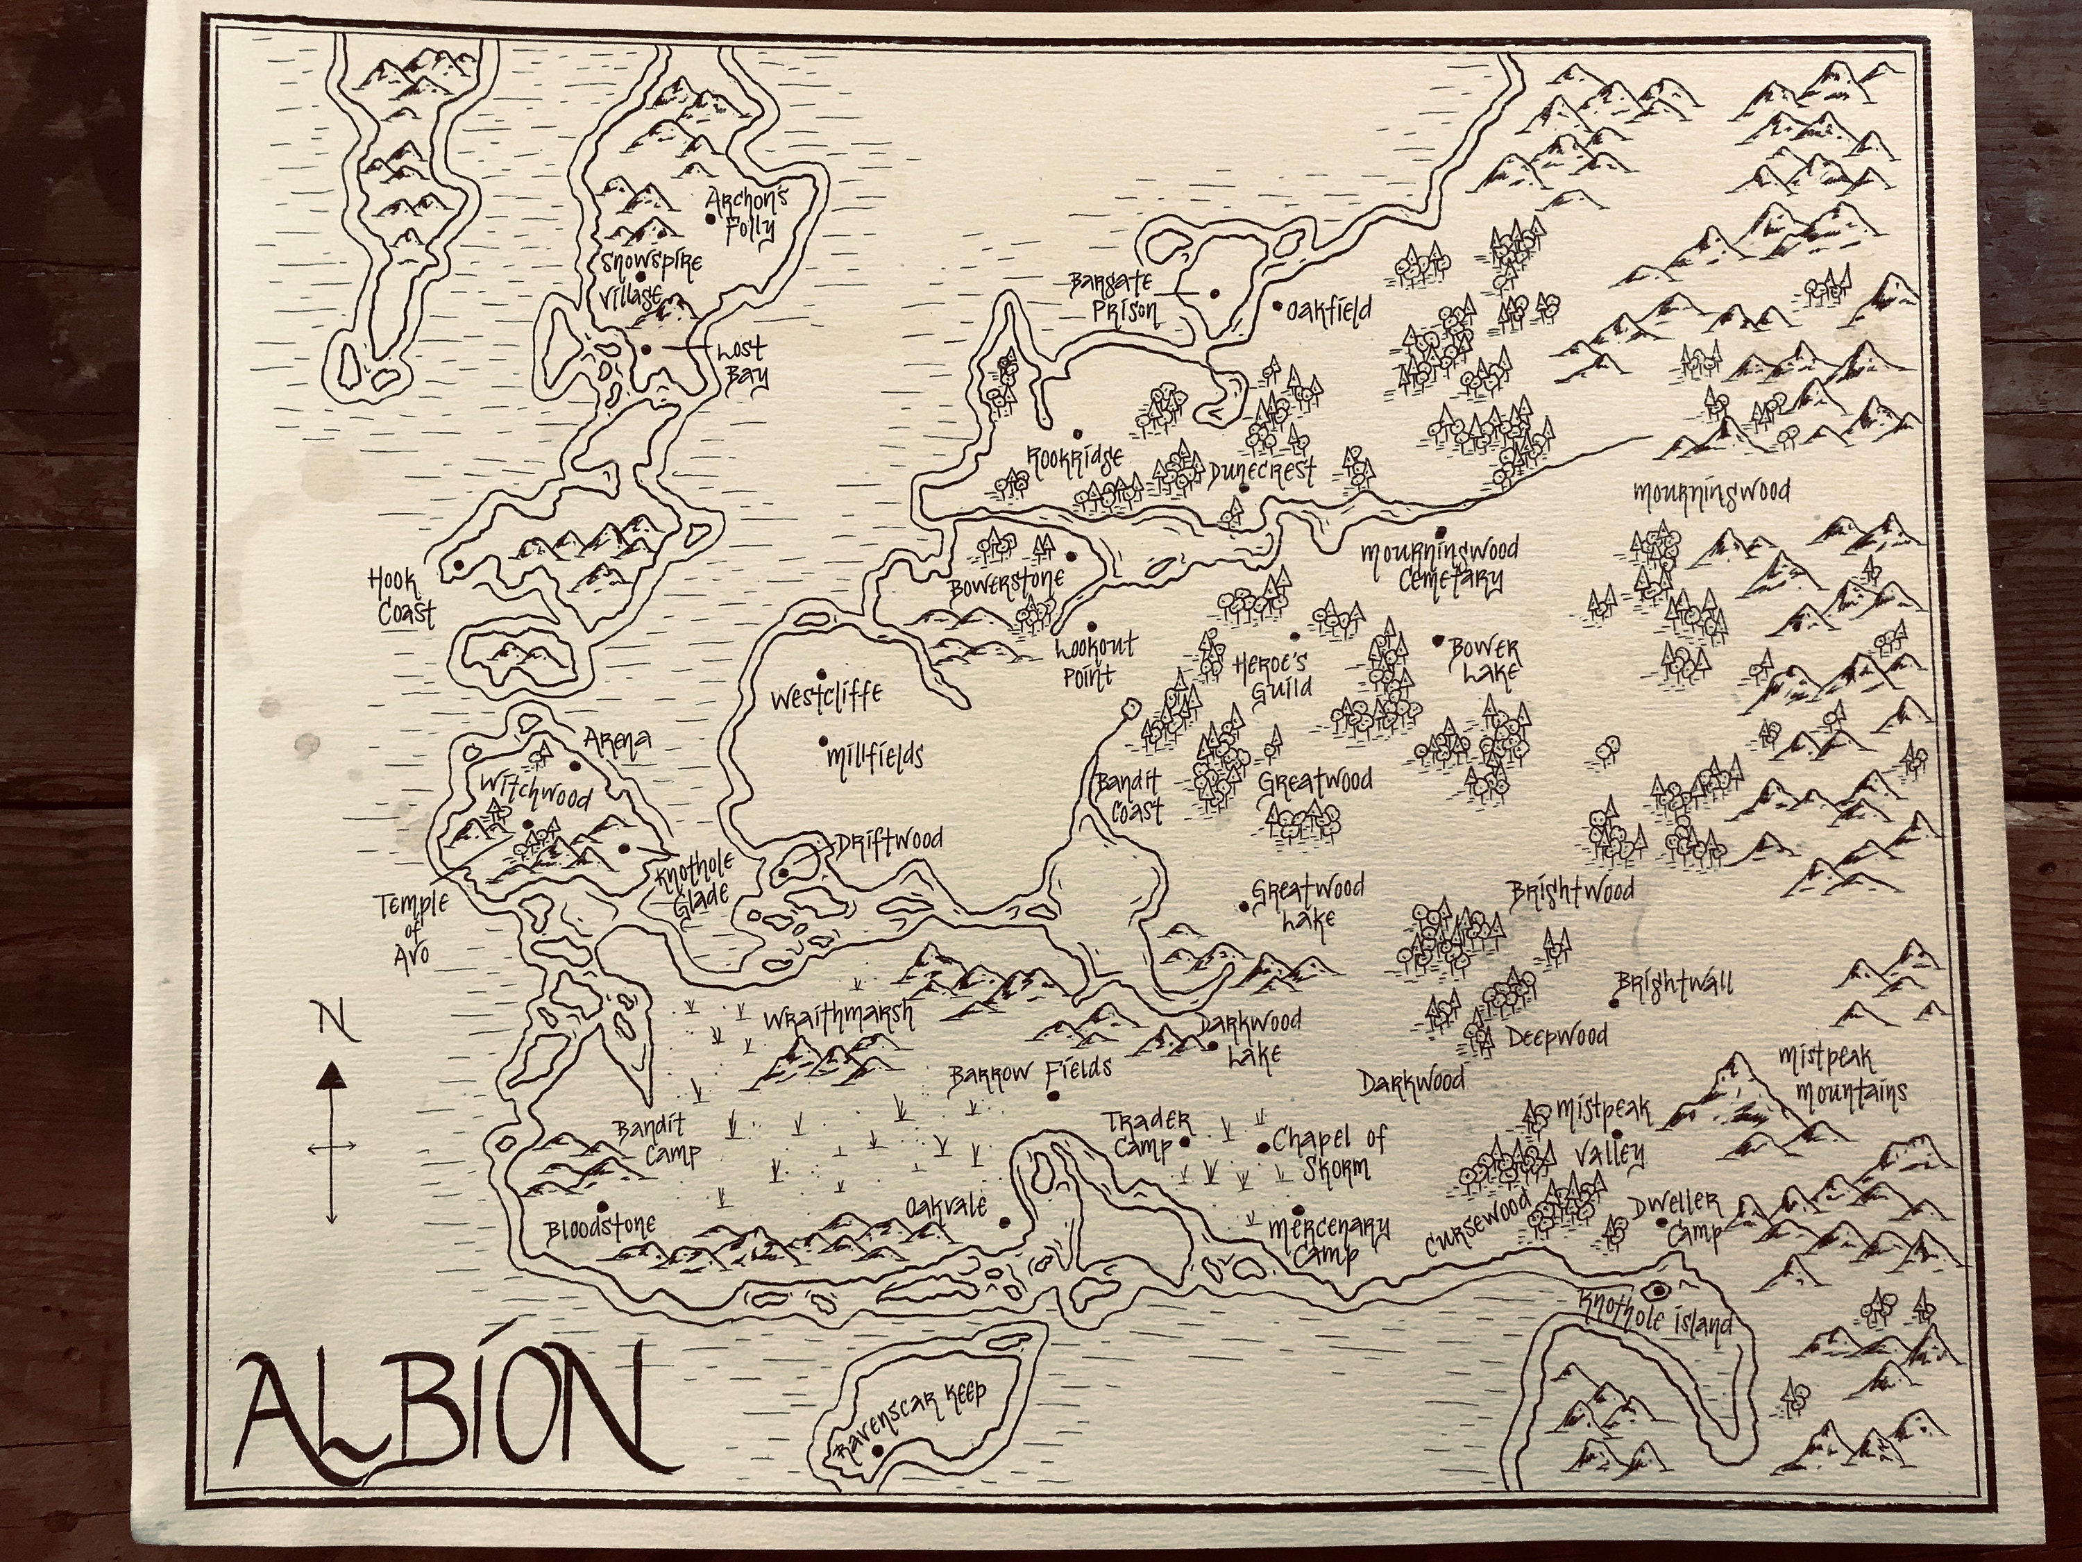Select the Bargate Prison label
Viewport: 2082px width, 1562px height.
(x=1117, y=298)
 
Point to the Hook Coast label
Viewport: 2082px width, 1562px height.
(x=403, y=600)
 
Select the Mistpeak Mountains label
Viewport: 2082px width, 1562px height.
(x=1838, y=1076)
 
